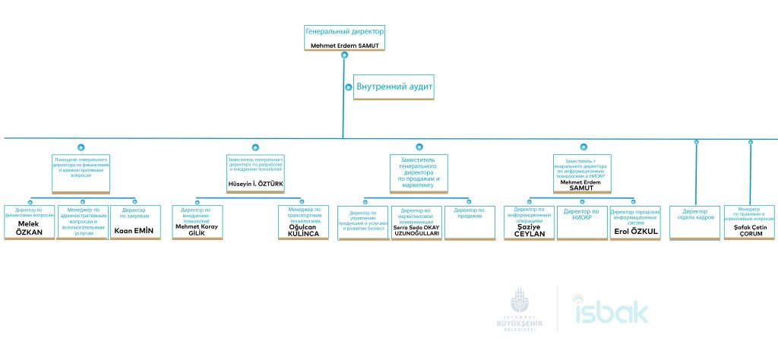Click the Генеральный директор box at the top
point(344,37)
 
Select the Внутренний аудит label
point(394,87)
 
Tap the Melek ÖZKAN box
point(29,222)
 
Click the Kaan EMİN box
point(134,222)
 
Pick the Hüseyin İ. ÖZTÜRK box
point(255,173)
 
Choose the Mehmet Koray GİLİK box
point(196,222)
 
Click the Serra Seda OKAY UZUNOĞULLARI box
point(416,222)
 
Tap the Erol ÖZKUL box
point(635,222)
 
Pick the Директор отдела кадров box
point(696,222)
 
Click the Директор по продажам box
point(469,222)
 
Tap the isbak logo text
point(611,311)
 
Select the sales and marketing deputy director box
point(416,173)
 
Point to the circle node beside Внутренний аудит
point(349,87)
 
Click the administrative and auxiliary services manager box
point(82,222)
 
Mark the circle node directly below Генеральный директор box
point(345,55)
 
